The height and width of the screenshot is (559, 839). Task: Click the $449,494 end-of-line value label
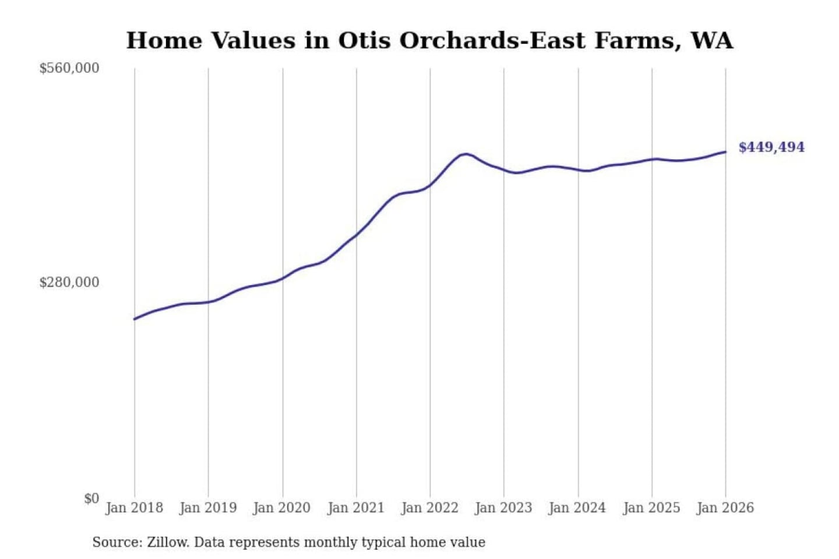pyautogui.click(x=771, y=147)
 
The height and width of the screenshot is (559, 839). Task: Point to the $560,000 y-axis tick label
pyautogui.click(x=69, y=68)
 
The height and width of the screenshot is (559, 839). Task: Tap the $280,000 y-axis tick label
pyautogui.click(x=69, y=282)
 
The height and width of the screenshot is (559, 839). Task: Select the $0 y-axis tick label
pyautogui.click(x=91, y=498)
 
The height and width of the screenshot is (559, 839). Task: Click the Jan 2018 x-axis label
pyautogui.click(x=134, y=508)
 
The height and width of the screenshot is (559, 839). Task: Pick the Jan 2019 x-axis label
pyautogui.click(x=208, y=508)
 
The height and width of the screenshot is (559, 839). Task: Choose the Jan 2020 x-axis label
pyautogui.click(x=282, y=508)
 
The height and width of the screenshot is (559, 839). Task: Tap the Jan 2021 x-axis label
pyautogui.click(x=356, y=508)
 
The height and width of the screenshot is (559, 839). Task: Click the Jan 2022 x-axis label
pyautogui.click(x=430, y=508)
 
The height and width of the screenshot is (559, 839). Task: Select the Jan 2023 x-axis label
pyautogui.click(x=503, y=508)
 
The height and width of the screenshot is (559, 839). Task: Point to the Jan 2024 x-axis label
pyautogui.click(x=577, y=508)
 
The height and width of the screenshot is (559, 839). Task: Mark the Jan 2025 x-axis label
pyautogui.click(x=651, y=508)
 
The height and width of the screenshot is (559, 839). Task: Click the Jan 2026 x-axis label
pyautogui.click(x=725, y=508)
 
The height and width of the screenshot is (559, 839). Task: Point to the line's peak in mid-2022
pyautogui.click(x=465, y=154)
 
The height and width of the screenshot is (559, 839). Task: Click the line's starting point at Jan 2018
pyautogui.click(x=135, y=319)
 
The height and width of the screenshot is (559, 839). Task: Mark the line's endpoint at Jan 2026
pyautogui.click(x=725, y=152)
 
